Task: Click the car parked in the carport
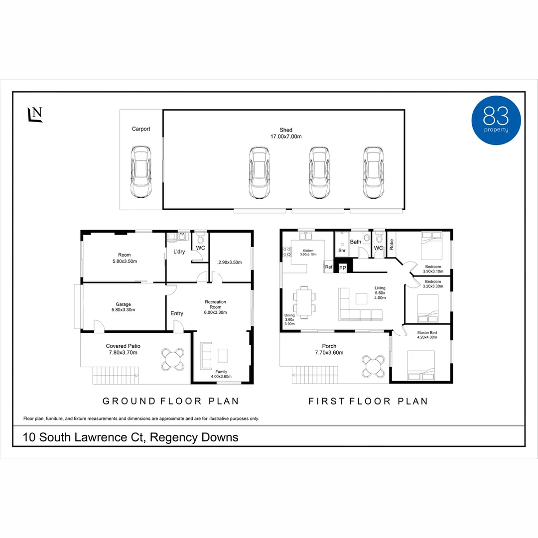coord(140,172)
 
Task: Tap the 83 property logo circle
coord(496,120)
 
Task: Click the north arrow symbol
coord(35,114)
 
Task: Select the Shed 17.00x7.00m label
coord(286,133)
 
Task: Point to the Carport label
coord(141,129)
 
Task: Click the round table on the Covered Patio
coord(173,359)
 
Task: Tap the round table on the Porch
coord(373,366)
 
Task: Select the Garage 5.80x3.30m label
coord(123,307)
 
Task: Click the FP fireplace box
coord(342,268)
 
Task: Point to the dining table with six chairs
coord(304,302)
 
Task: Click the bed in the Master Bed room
coord(421,365)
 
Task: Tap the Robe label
coord(392,244)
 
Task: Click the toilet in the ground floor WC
coord(201,237)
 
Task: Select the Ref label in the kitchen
coord(329,267)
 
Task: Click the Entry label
coord(177,314)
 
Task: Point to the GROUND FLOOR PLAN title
coord(170,401)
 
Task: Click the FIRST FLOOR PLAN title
coord(368,401)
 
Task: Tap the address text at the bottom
coord(131,437)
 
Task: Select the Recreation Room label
coord(216,304)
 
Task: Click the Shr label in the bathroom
coord(342,251)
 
